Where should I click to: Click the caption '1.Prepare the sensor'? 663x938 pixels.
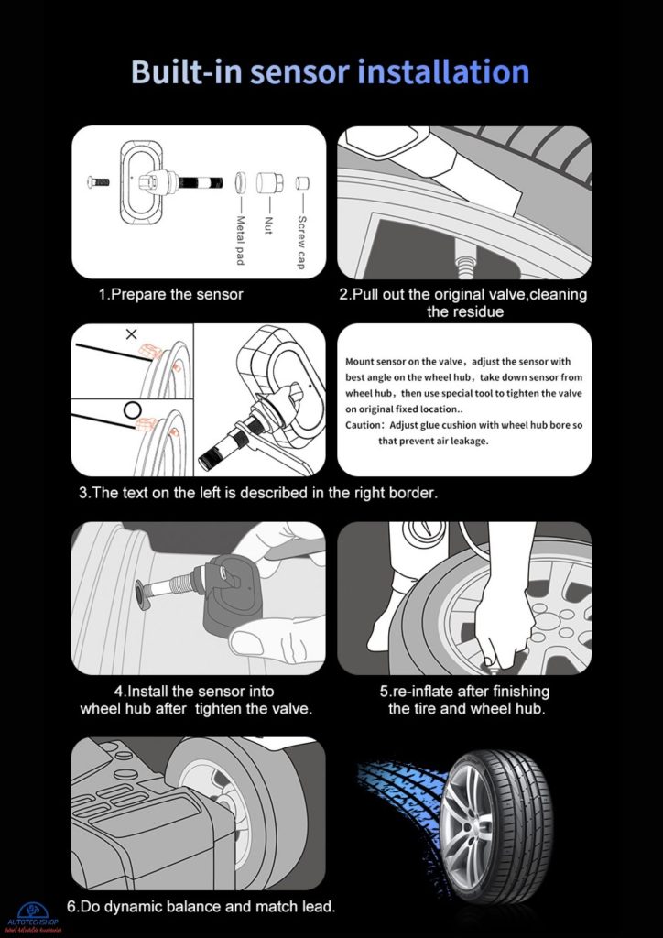(170, 295)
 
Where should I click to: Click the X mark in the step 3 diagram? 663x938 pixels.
(131, 334)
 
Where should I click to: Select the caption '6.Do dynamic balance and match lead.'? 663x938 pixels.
(201, 907)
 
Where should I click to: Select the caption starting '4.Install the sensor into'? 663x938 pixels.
(196, 700)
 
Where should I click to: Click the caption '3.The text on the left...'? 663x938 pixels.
(258, 493)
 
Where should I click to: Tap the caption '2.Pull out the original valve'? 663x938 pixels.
(462, 303)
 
